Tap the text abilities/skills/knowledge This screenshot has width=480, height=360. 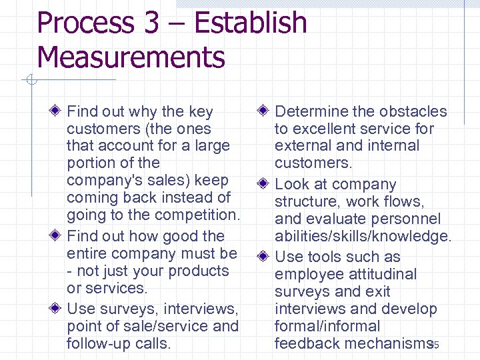point(363,237)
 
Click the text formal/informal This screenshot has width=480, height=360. point(327,326)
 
